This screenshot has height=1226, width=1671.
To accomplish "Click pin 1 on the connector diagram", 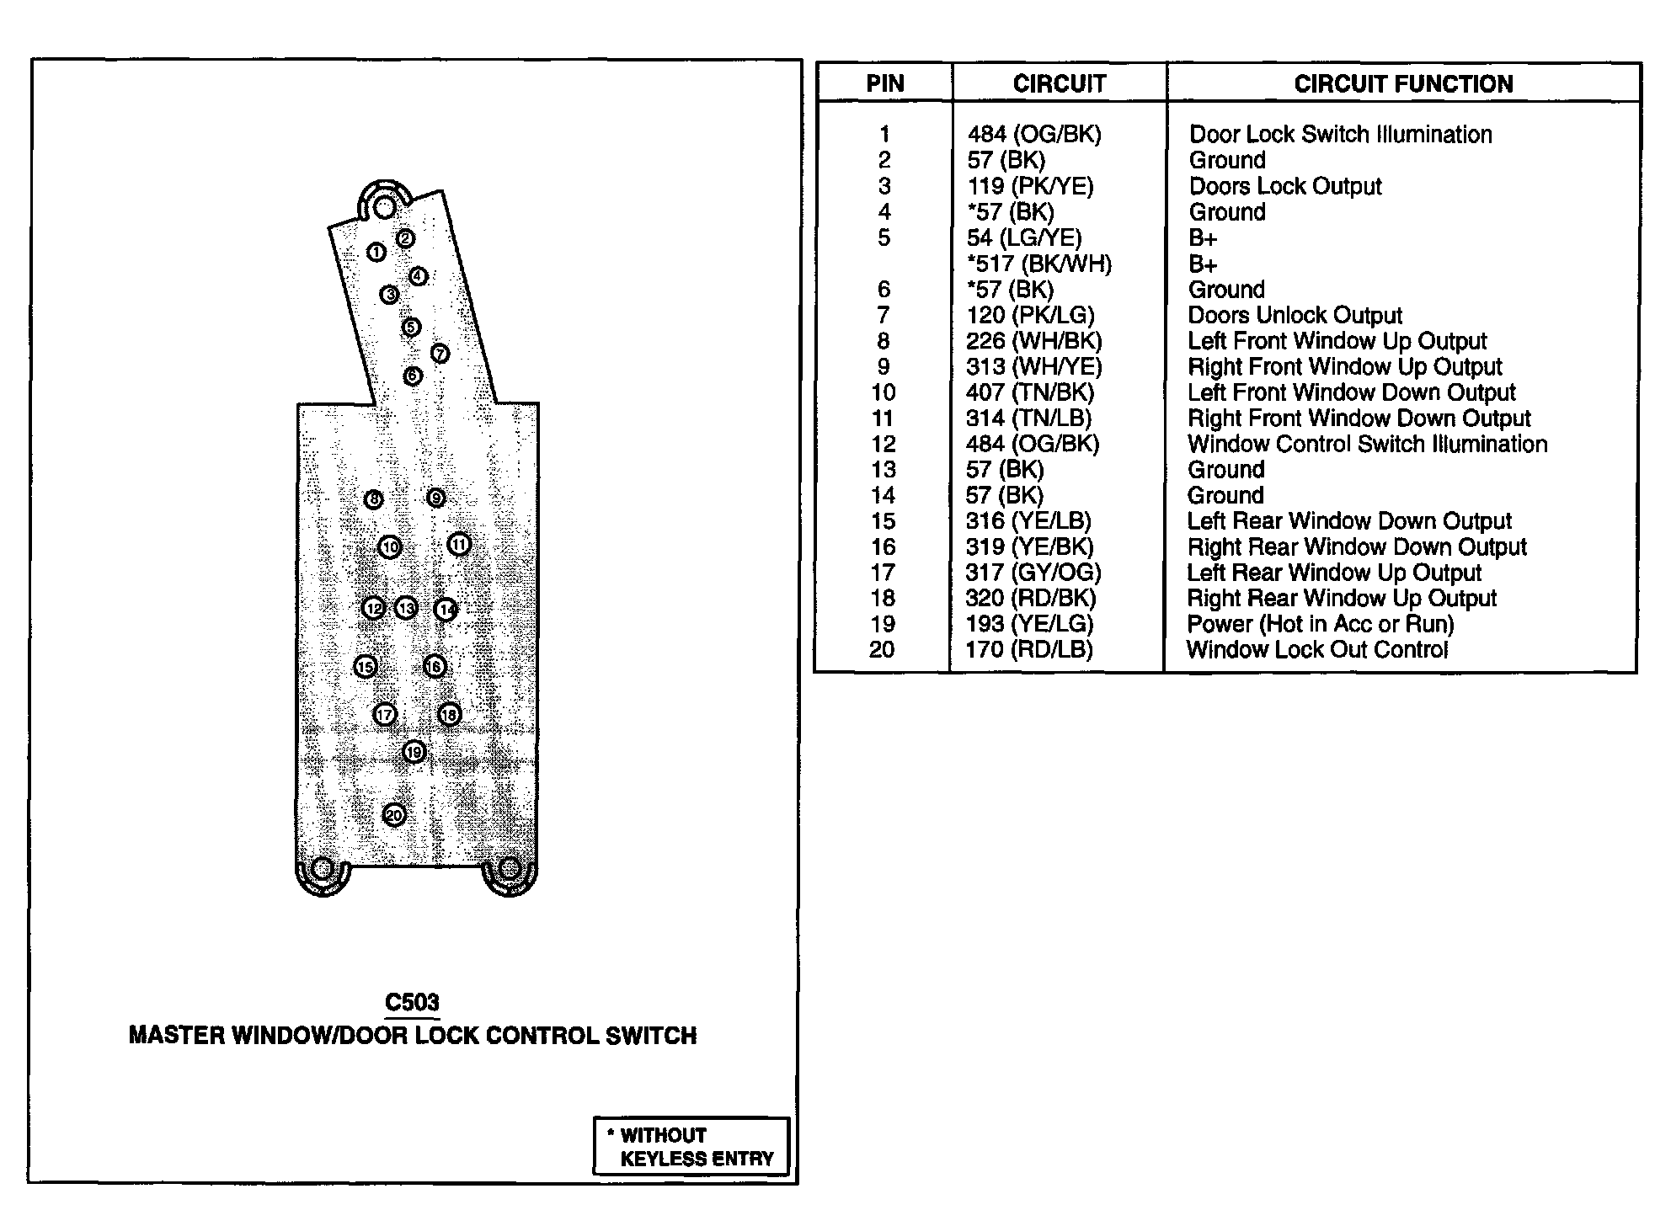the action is (x=376, y=252).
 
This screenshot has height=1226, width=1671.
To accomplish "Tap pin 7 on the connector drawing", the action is (x=440, y=354).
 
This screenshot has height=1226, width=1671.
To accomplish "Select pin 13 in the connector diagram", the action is (x=406, y=608).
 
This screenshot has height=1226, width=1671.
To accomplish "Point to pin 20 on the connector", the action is (x=394, y=815).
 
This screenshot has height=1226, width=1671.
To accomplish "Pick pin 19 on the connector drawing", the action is (x=414, y=752).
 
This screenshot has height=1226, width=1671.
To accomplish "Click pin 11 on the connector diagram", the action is (x=459, y=545).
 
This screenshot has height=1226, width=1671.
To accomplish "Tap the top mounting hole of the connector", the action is (x=384, y=206).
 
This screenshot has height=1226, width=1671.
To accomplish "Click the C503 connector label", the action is (x=412, y=1002).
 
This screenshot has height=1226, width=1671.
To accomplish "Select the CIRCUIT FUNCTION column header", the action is (x=1403, y=83).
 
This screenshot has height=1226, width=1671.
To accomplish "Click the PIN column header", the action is (x=884, y=83).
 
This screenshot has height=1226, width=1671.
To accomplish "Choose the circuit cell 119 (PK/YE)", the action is (x=1029, y=186).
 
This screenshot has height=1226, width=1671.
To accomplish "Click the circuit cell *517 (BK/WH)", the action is (x=1039, y=264).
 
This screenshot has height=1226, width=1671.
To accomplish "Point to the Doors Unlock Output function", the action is (x=1295, y=315).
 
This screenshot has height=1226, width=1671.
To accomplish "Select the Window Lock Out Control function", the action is (x=1317, y=649).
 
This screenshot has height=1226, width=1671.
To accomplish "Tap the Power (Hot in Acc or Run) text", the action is (x=1320, y=624).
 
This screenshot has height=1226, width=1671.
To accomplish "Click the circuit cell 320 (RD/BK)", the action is (x=1030, y=598).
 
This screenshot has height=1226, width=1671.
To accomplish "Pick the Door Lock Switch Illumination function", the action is (x=1340, y=134).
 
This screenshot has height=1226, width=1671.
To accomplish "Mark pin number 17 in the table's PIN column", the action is (x=883, y=573).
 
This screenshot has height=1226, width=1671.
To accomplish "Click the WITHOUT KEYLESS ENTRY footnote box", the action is (x=692, y=1146).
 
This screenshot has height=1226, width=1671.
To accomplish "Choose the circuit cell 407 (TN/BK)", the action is (x=1029, y=392).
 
